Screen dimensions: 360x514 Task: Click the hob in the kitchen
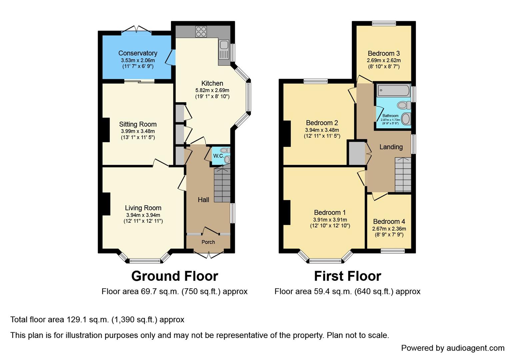[x=201, y=31]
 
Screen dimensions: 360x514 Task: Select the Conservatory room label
[x=138, y=53]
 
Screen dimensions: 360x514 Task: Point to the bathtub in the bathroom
[x=393, y=90]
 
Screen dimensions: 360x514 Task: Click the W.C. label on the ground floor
[x=218, y=156]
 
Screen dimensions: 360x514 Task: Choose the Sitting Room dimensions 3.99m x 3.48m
[x=137, y=131]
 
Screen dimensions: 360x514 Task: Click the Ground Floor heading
[x=175, y=276]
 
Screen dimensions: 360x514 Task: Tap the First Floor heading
[x=347, y=276]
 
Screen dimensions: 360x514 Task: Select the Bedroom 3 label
[x=384, y=53]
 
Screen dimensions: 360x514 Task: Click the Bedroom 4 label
[x=389, y=221]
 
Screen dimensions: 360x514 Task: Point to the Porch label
[x=208, y=242]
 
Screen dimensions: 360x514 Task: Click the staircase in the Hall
[x=222, y=185]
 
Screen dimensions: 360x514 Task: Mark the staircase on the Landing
[x=403, y=175]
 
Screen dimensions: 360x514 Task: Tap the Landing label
[x=391, y=147]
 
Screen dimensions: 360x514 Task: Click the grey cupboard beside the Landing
[x=357, y=153]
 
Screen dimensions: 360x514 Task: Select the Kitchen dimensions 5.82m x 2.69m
[x=212, y=90]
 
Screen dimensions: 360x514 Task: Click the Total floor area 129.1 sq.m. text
[x=97, y=320]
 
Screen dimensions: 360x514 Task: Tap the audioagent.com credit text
[x=453, y=348]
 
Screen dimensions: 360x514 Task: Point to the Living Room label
[x=143, y=208]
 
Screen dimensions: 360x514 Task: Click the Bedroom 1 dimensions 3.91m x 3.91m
[x=330, y=220]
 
